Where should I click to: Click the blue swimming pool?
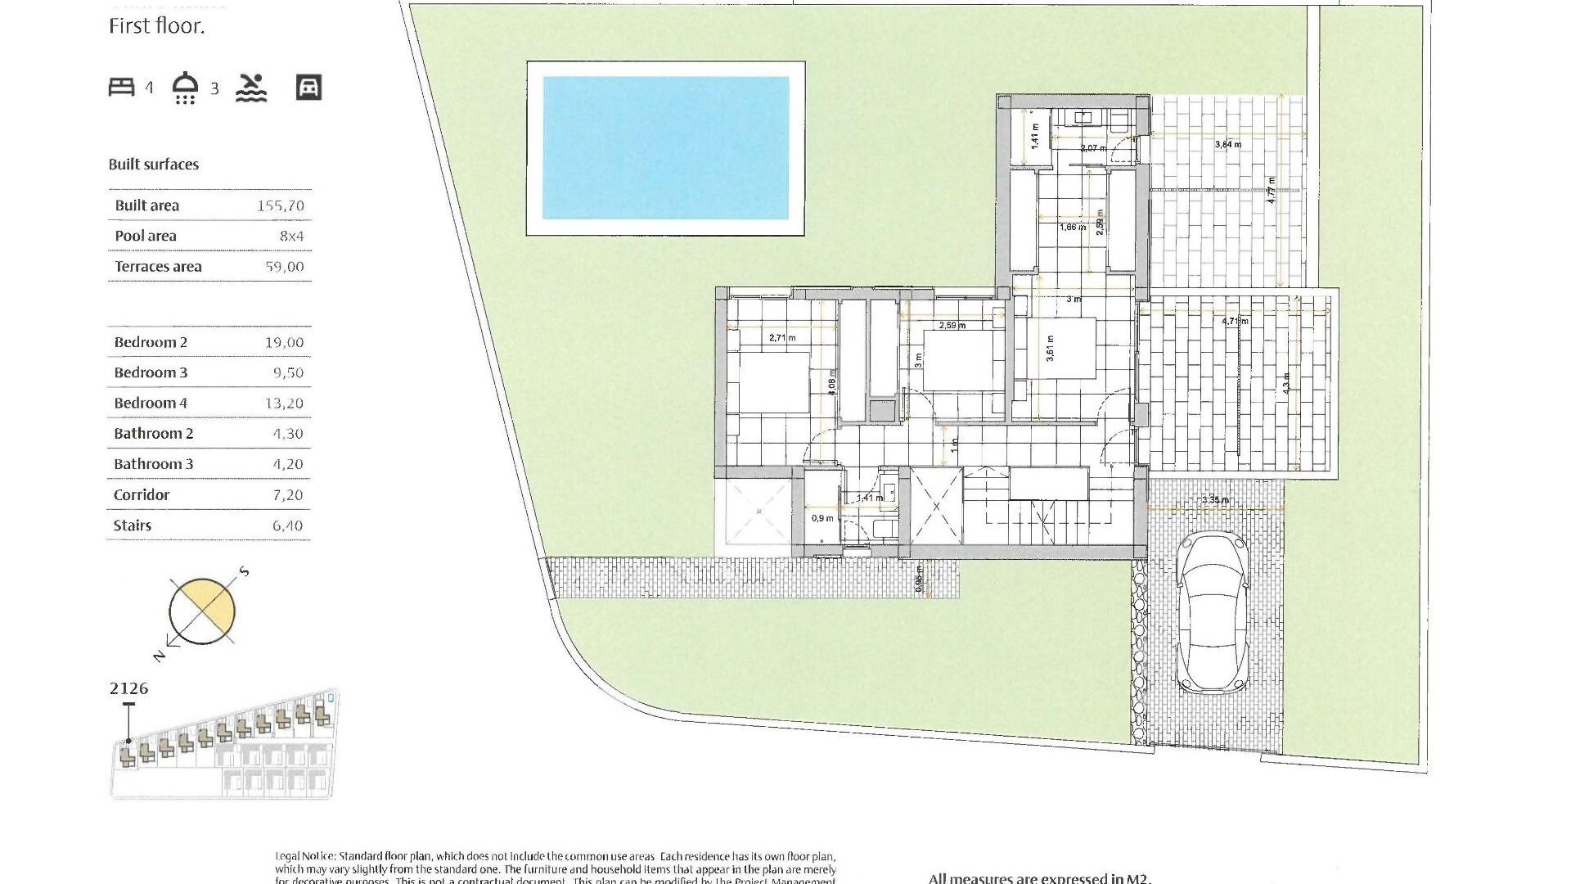coord(665,148)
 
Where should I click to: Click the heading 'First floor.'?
coord(157,26)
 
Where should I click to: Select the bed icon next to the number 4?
coord(122,87)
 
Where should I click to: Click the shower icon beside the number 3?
coord(186,88)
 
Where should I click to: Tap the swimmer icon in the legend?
coord(251,88)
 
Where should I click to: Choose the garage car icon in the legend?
coord(308,88)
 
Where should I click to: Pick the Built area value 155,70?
coord(281,206)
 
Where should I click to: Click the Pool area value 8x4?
coord(291,237)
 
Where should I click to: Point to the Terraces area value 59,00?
coord(285,267)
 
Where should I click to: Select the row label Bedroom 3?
coord(151,373)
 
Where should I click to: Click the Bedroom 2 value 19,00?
coord(284,343)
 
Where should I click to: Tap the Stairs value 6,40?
coord(287,526)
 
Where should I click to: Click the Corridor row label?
coord(142,495)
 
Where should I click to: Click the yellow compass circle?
coord(202,611)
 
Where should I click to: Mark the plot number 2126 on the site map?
coord(129,688)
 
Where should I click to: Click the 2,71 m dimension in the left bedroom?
coord(782,337)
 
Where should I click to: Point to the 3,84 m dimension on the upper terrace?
coord(1227,145)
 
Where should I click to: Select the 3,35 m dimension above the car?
coord(1215,500)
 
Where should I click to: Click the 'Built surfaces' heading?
coord(154,165)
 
